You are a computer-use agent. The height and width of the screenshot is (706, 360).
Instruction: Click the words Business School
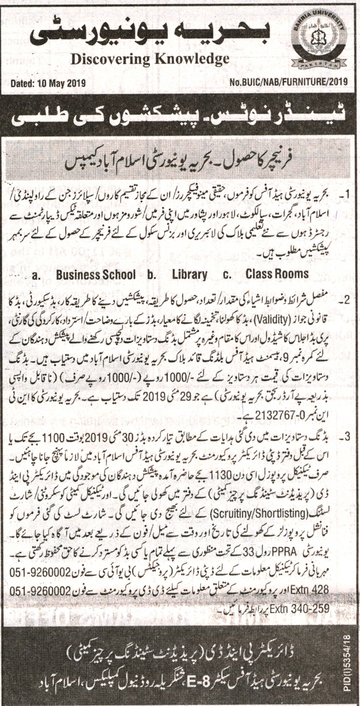pos(96,274)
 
